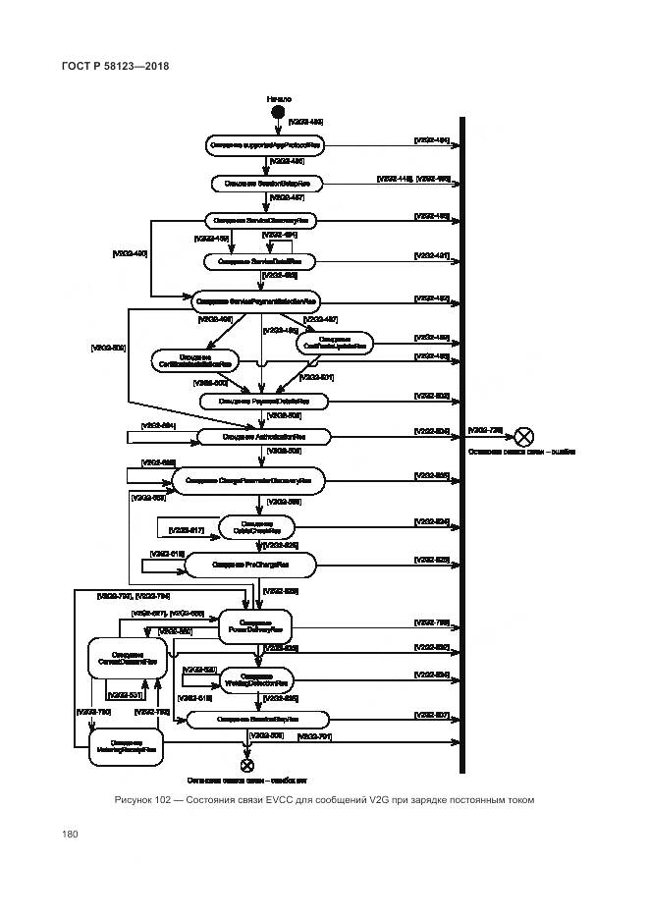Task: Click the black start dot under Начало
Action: [x=279, y=113]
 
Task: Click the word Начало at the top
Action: [x=279, y=99]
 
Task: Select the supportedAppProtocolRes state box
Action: [x=264, y=145]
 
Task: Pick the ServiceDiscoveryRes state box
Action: [x=263, y=221]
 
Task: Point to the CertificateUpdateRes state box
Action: [x=334, y=342]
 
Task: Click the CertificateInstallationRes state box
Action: [x=193, y=361]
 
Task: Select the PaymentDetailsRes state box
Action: [x=262, y=401]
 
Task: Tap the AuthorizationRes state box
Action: [x=262, y=436]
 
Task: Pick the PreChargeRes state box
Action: [x=250, y=565]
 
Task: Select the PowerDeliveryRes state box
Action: [x=255, y=625]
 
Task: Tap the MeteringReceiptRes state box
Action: [x=127, y=746]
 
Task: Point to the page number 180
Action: [x=70, y=835]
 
